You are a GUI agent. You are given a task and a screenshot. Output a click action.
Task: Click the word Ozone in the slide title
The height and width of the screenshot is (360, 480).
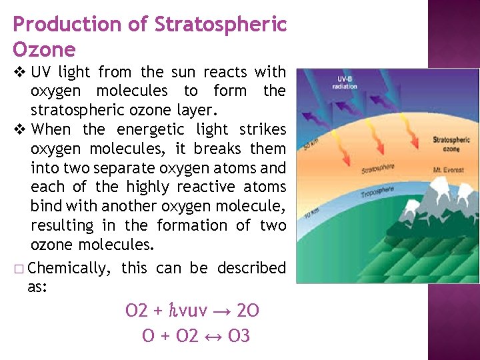tap(44, 49)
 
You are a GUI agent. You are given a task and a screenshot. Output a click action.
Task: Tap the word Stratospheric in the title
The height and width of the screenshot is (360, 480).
tap(220, 25)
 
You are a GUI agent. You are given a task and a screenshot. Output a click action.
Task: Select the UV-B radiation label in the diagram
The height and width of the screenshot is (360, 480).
tap(345, 83)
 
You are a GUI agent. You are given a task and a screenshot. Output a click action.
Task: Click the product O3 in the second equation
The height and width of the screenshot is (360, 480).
tap(239, 336)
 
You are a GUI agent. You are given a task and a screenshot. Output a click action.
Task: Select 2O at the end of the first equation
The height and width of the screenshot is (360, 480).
tap(249, 310)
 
